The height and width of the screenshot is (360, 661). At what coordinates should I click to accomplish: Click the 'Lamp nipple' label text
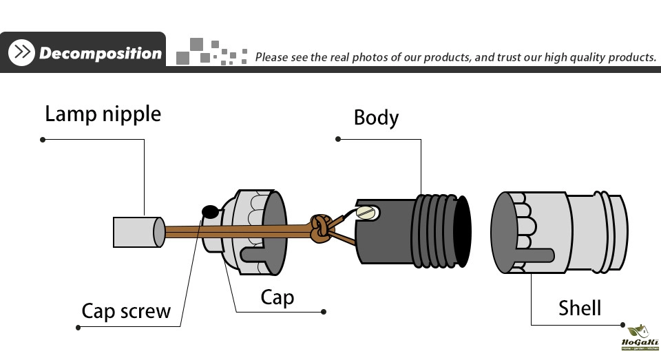[103, 114]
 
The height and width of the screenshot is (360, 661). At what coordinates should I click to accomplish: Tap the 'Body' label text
[376, 118]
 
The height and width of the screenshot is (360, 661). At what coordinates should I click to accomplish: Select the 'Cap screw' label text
[126, 311]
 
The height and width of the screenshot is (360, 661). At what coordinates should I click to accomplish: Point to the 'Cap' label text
[277, 297]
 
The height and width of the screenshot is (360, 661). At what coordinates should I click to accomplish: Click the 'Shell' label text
[579, 308]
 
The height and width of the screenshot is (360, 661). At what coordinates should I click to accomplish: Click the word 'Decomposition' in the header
[100, 53]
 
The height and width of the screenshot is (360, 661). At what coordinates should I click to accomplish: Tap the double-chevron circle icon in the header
[23, 53]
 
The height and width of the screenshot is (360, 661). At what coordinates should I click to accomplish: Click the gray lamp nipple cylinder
[138, 231]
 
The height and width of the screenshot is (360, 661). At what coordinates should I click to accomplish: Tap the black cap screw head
[209, 211]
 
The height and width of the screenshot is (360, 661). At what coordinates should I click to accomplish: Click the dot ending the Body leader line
[337, 139]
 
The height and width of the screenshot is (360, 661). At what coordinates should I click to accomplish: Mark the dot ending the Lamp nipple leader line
[43, 140]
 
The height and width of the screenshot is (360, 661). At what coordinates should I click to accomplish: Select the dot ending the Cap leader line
[324, 312]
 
